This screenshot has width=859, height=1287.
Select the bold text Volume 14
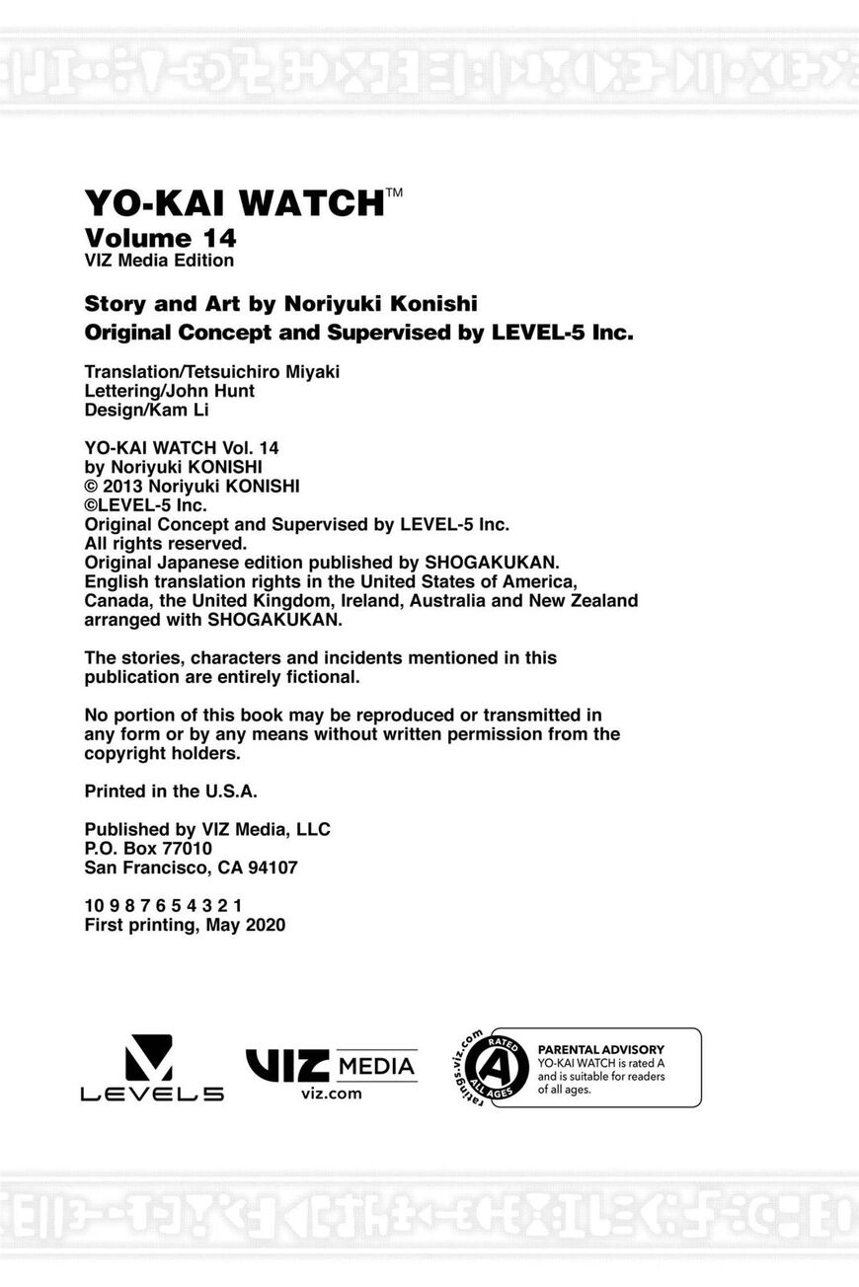[160, 238]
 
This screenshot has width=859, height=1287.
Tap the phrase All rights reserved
[165, 544]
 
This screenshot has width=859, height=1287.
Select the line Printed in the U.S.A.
[171, 791]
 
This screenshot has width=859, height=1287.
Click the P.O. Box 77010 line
[148, 849]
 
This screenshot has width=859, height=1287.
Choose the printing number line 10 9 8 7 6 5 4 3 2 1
[163, 906]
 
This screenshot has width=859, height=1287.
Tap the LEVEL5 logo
[151, 1068]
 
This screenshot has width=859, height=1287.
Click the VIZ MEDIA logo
[331, 1066]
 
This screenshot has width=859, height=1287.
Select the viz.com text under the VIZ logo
[331, 1094]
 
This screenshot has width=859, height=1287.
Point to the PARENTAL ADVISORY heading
[600, 1049]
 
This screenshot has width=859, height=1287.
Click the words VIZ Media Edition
[159, 261]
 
